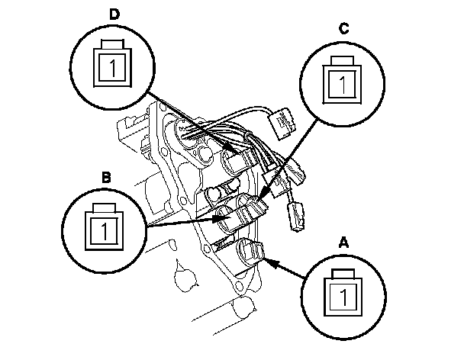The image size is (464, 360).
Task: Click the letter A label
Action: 343,242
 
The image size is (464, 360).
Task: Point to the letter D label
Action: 114,14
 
